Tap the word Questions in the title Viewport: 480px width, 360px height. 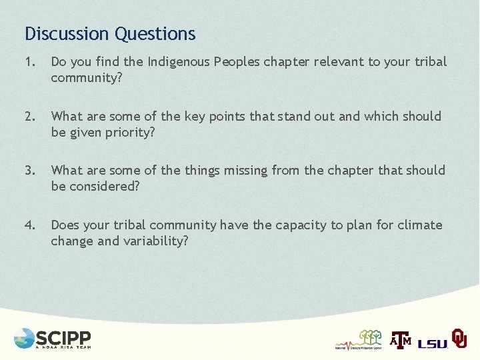click(x=155, y=33)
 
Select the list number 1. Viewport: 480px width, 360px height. click(x=29, y=62)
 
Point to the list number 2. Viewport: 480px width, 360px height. click(x=29, y=116)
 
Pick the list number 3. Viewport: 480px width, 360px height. click(x=29, y=170)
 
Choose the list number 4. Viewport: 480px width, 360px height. click(x=29, y=225)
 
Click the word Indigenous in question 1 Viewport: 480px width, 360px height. click(x=179, y=62)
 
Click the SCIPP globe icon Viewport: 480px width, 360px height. click(x=24, y=338)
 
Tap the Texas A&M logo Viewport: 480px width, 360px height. click(x=401, y=340)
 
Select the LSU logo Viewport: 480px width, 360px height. click(x=433, y=343)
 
